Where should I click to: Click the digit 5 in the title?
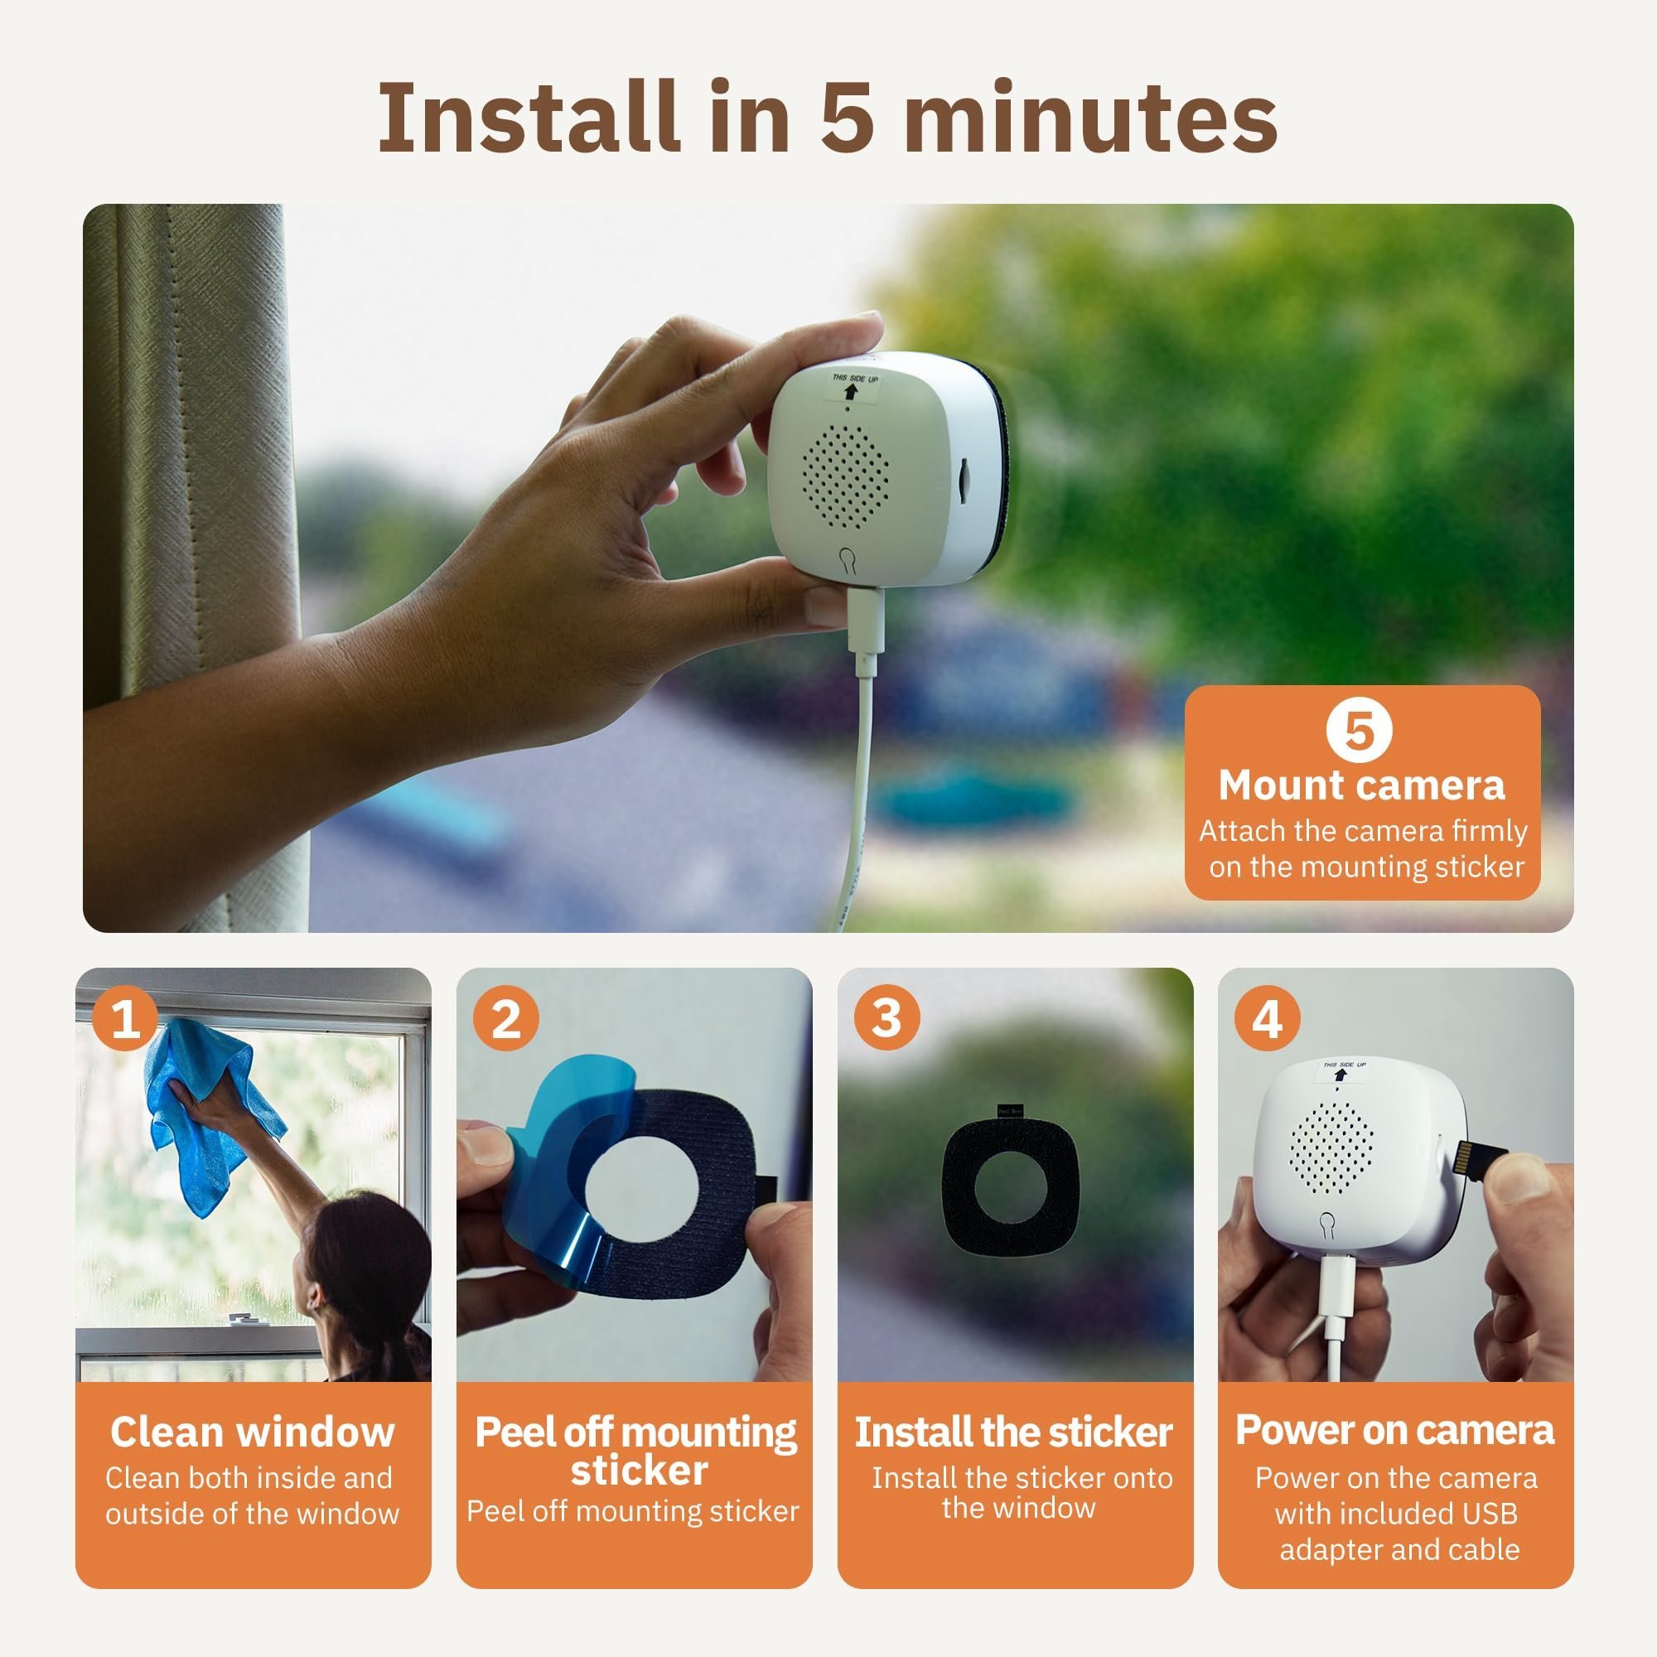pos(847,118)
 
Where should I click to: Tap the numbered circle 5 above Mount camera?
pos(1359,731)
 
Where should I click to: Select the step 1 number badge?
pos(125,1020)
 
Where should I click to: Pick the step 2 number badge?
pos(506,1020)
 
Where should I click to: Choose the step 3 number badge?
pos(886,1020)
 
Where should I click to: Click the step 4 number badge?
pos(1267,1020)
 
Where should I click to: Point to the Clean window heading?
pos(252,1432)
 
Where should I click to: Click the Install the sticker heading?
pos(1014,1432)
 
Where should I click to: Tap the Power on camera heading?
pos(1394,1430)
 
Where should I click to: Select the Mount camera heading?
pos(1361,785)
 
